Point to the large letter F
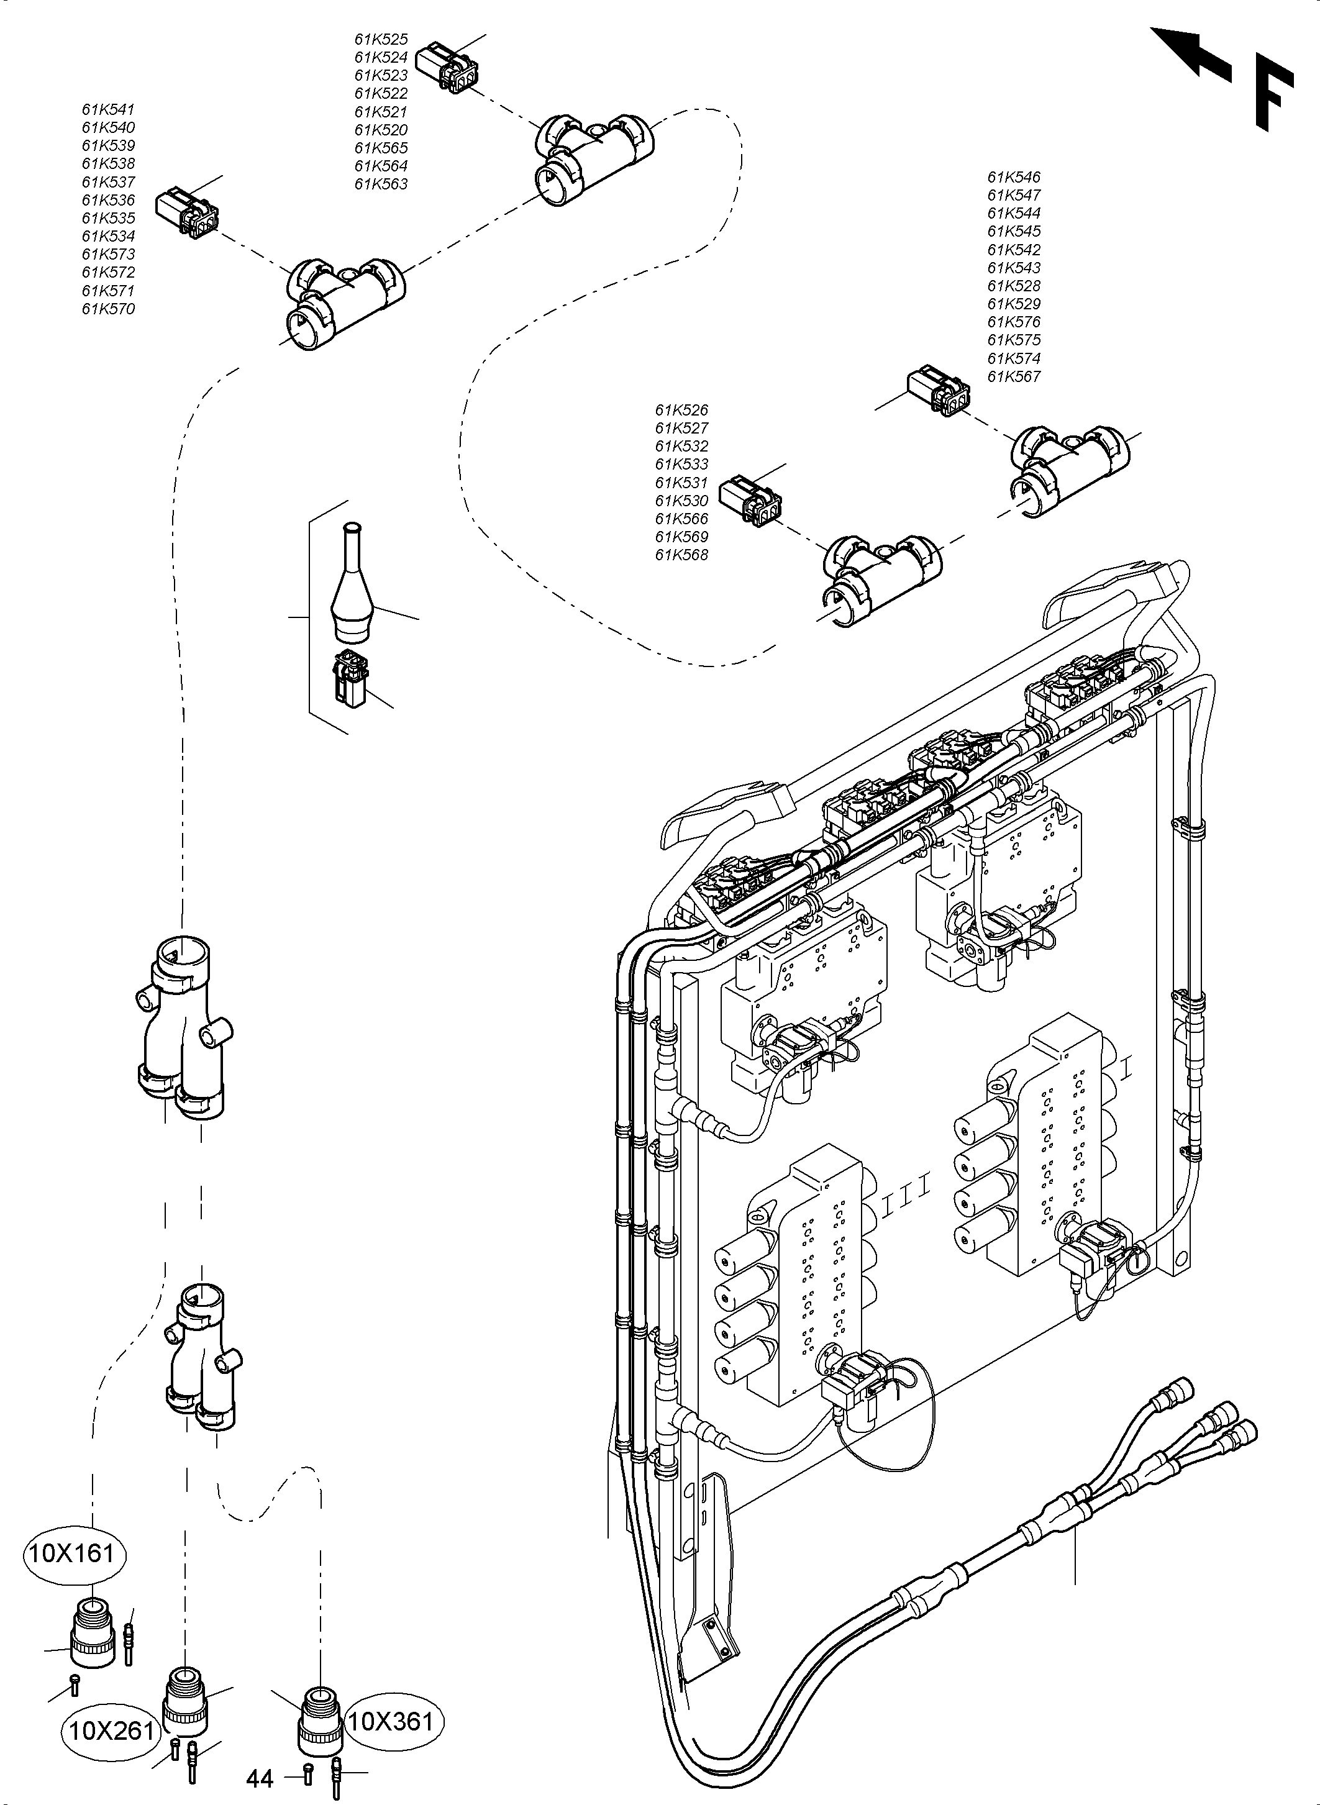click(1272, 92)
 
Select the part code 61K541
click(108, 109)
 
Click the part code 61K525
click(381, 39)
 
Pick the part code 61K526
click(681, 410)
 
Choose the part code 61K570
click(108, 309)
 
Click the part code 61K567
click(1013, 376)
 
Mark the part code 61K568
click(681, 555)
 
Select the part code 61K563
click(381, 184)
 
